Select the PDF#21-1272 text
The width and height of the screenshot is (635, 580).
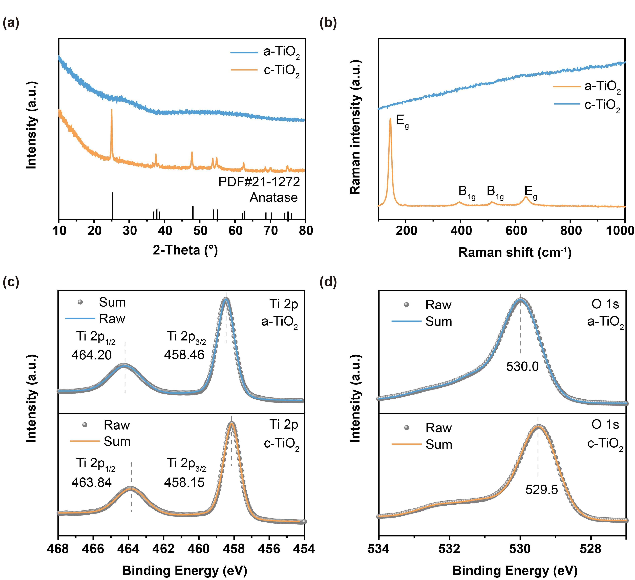[259, 182]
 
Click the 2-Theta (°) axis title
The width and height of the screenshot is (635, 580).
[185, 250]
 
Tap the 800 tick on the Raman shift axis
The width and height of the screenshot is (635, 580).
[571, 231]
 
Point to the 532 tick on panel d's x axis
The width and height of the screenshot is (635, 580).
[450, 549]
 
